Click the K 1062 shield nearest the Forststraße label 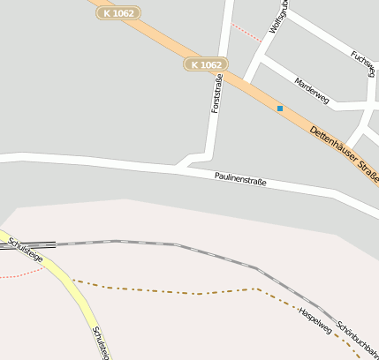click(x=207, y=64)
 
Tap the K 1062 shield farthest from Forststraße click(x=118, y=13)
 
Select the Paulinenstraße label click(x=240, y=180)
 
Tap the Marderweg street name click(x=312, y=89)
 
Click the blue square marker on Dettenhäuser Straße click(x=280, y=109)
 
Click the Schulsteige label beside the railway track click(x=24, y=248)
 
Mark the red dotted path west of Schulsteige click(x=22, y=274)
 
